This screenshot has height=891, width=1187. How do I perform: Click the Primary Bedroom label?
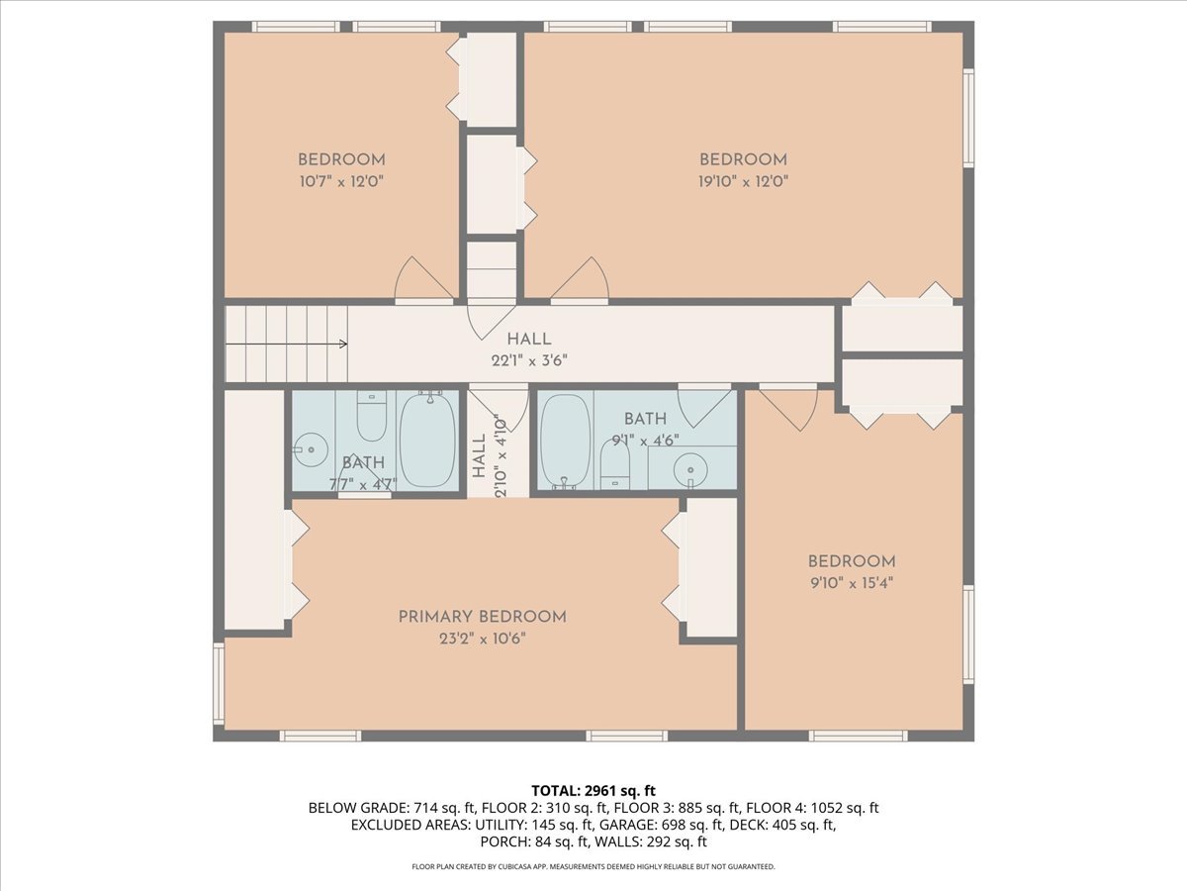tap(482, 617)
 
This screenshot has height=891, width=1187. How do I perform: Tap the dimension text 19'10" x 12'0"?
tap(743, 181)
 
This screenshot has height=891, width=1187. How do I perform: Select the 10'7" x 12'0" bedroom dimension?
tap(341, 181)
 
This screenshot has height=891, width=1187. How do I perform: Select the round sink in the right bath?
tap(689, 469)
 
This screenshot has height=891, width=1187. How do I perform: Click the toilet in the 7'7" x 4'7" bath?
tap(371, 418)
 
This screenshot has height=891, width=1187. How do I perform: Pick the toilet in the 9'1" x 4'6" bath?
tap(615, 465)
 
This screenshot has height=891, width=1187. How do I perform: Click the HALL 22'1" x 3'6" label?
tap(529, 349)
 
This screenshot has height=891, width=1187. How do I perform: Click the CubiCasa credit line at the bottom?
tap(593, 866)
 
